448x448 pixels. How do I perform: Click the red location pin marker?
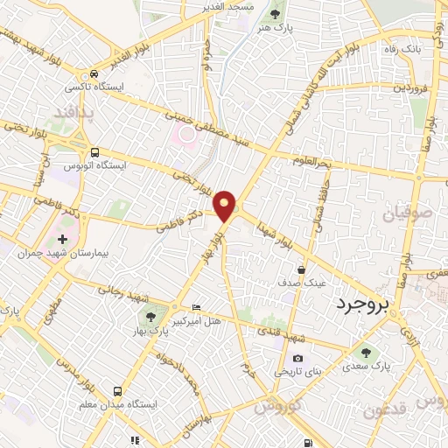[227, 204]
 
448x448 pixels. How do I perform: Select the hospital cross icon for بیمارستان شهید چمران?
[62, 238]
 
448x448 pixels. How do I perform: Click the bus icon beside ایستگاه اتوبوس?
[94, 152]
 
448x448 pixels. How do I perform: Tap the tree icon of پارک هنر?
[276, 14]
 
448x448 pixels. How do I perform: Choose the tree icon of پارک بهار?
[152, 318]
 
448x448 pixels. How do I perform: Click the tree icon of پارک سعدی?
[366, 353]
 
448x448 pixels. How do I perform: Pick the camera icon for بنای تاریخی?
[298, 358]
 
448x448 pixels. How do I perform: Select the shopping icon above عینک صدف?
[302, 269]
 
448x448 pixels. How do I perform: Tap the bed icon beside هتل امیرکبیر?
[196, 307]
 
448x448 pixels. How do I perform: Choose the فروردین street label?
[411, 87]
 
